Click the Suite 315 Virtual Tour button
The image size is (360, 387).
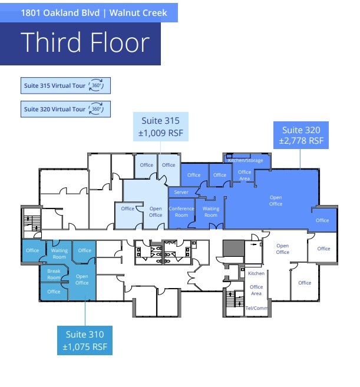[65, 85]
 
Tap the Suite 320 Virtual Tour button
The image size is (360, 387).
[65, 109]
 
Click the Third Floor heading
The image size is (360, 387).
[85, 42]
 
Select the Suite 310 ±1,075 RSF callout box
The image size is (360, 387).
[85, 340]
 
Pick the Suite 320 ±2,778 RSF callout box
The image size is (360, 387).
[301, 135]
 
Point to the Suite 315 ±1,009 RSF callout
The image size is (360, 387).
[161, 127]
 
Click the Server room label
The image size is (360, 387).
[181, 192]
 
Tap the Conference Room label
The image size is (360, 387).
[181, 212]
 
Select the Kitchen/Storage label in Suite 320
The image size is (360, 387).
[246, 160]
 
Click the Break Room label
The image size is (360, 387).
[54, 274]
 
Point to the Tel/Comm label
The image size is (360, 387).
[256, 308]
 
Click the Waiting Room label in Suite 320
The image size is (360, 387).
[211, 212]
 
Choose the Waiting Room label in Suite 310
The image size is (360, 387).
[60, 253]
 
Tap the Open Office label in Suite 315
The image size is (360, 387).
[156, 212]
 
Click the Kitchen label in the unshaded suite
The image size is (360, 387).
[256, 273]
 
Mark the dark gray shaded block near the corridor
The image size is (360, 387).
[233, 248]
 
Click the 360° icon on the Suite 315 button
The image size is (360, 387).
[96, 85]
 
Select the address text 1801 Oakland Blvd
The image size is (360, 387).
[60, 13]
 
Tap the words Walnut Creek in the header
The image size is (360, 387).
[138, 13]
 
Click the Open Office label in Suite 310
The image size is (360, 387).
[82, 280]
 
